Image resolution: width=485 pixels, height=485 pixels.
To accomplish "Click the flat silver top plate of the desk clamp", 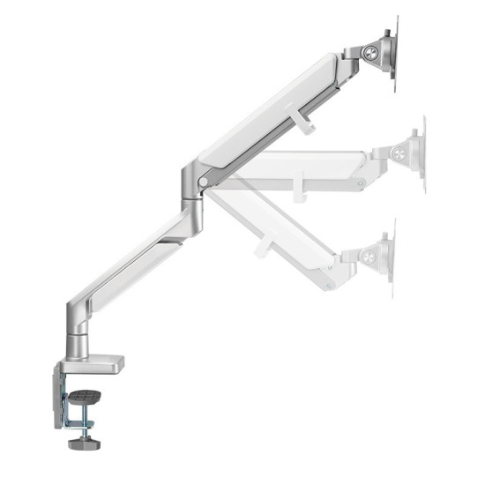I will coord(97,361).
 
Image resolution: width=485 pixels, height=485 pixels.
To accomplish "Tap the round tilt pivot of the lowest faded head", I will coord(369,257).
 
